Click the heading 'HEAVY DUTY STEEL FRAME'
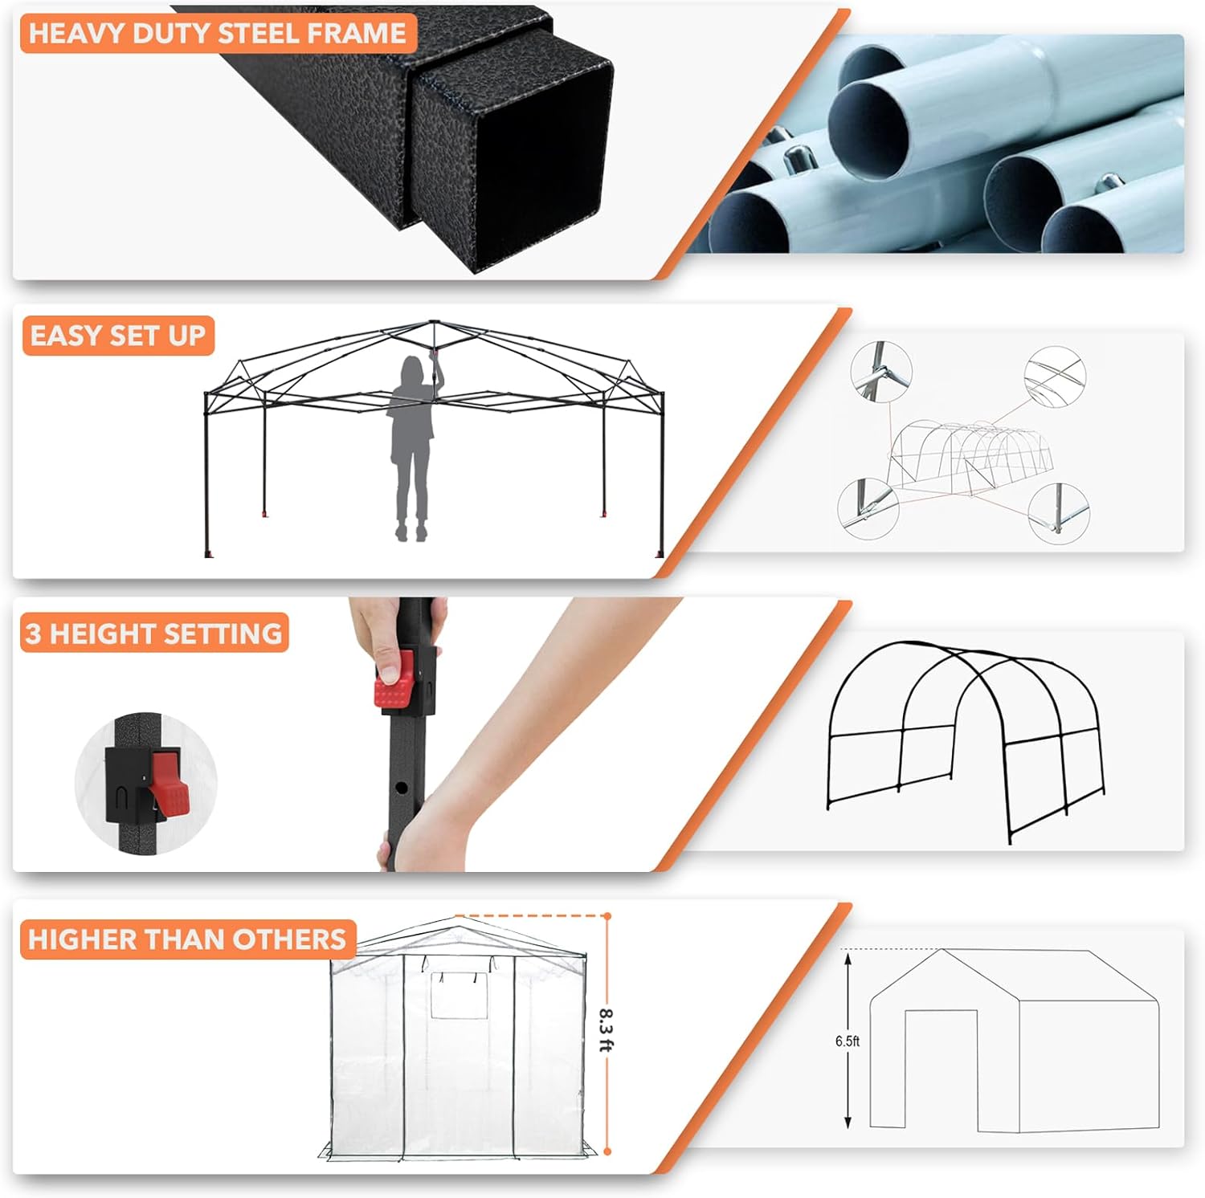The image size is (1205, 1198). [x=217, y=33]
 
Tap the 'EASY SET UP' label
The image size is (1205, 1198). [x=118, y=335]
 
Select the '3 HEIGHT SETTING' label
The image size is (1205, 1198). [x=154, y=634]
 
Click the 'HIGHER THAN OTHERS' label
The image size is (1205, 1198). [x=187, y=939]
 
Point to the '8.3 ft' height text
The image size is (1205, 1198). [x=607, y=1031]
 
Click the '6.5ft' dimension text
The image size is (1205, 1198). [x=847, y=1041]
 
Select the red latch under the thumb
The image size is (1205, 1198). [x=394, y=681]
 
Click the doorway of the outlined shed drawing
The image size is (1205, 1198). [x=942, y=1068]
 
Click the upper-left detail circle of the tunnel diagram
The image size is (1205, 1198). [x=881, y=372]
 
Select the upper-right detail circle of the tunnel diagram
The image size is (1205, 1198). [x=1055, y=377]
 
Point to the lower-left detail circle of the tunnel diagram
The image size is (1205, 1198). [x=868, y=508]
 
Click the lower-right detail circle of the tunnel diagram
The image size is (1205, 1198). [x=1060, y=512]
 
